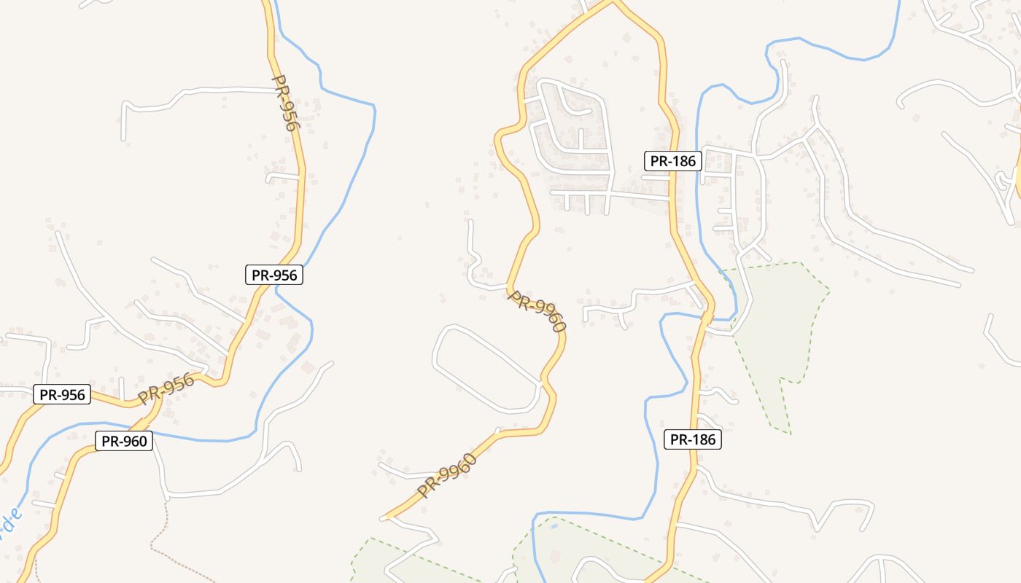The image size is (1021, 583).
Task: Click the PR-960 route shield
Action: [124, 441]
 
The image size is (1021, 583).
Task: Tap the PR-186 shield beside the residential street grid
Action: [672, 161]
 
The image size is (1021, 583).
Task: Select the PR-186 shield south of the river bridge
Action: [693, 439]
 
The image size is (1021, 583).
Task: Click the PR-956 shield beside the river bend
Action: [273, 275]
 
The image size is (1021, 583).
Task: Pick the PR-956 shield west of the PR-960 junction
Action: [62, 395]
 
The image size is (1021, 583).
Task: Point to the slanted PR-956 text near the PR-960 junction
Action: [166, 388]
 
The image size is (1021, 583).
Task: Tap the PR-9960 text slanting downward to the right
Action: [537, 311]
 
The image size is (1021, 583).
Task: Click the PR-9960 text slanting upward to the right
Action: [447, 476]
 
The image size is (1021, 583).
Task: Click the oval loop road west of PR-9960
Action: [486, 369]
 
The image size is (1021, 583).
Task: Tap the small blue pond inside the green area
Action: [555, 526]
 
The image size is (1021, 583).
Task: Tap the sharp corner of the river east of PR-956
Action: [374, 108]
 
